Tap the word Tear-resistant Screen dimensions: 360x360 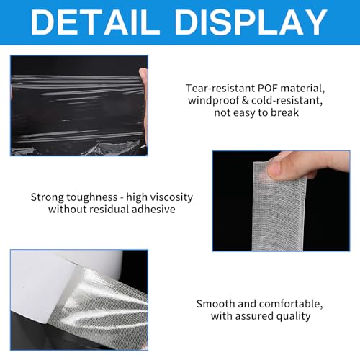point(216,89)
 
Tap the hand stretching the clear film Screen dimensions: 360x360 point(142,86)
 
